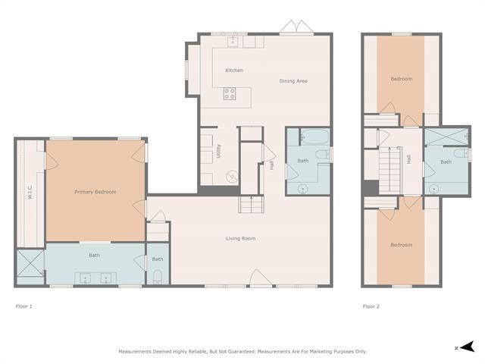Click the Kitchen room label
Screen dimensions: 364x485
pyautogui.click(x=234, y=71)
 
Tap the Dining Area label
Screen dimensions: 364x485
pyautogui.click(x=293, y=81)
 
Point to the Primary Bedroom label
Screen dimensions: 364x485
pyautogui.click(x=95, y=192)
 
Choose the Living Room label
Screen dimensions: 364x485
pyautogui.click(x=240, y=238)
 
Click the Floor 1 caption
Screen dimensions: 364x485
pyautogui.click(x=24, y=306)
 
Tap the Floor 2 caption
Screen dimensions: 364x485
pyautogui.click(x=371, y=306)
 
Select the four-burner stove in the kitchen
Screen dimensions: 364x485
pyautogui.click(x=230, y=94)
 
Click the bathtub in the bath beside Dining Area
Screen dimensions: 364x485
pyautogui.click(x=314, y=139)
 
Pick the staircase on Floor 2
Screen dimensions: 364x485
pyautogui.click(x=389, y=171)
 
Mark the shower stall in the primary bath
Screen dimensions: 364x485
pyautogui.click(x=30, y=265)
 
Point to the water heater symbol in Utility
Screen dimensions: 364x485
pyautogui.click(x=232, y=175)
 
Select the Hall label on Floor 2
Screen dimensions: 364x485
pyautogui.click(x=409, y=160)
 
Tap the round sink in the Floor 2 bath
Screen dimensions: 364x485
pyautogui.click(x=434, y=189)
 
